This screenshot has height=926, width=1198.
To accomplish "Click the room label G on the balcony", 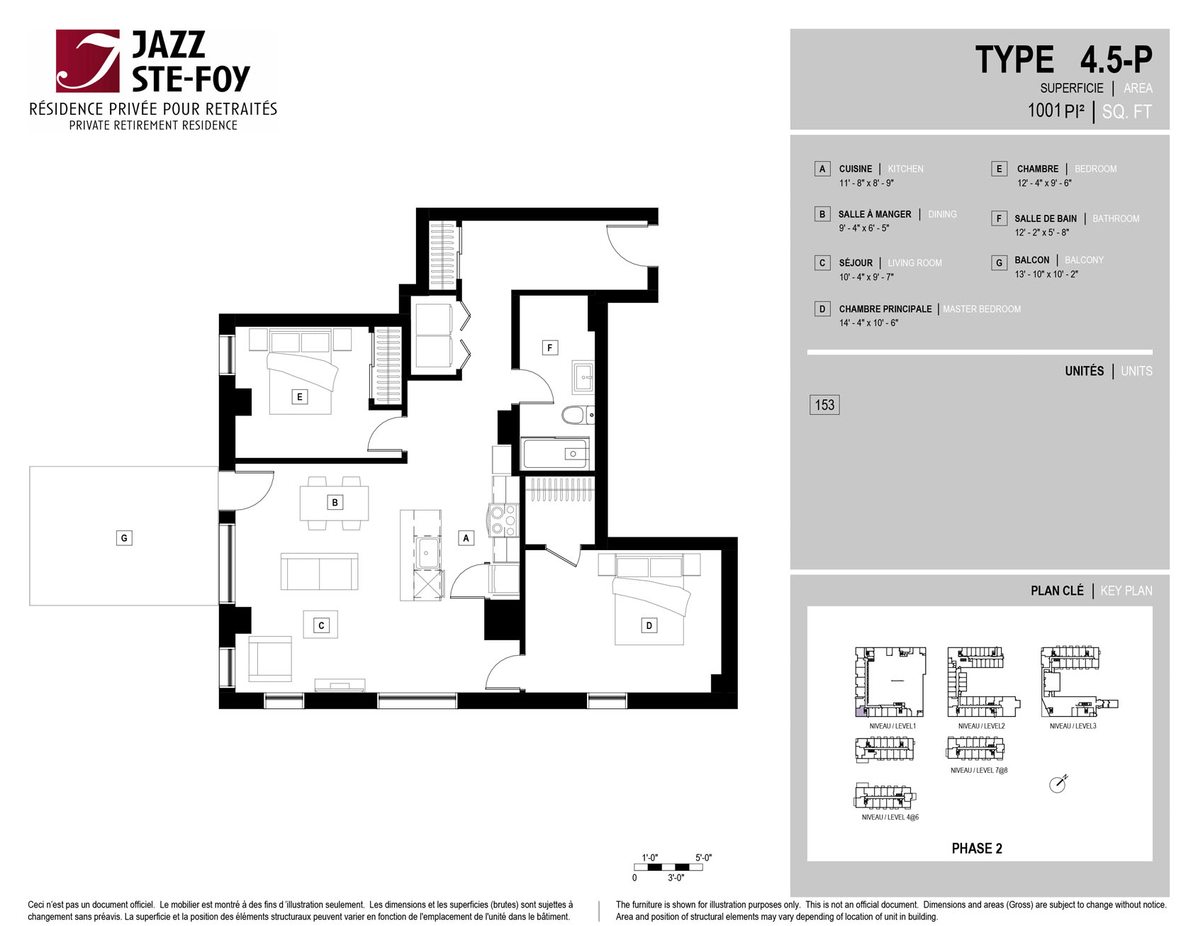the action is click(124, 538).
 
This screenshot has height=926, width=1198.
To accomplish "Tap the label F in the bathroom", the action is click(549, 347).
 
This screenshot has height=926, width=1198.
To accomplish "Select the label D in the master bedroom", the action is click(649, 625).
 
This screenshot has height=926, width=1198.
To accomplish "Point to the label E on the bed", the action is click(299, 396).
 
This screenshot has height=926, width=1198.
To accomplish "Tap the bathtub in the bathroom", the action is click(556, 453).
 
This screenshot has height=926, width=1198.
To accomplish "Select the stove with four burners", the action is click(503, 520).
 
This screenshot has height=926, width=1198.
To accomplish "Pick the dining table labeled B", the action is click(335, 503).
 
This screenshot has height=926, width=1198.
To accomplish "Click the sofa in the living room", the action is click(319, 571).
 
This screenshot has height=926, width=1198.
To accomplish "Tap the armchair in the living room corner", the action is click(270, 659).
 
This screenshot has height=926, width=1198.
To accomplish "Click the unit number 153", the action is click(824, 405).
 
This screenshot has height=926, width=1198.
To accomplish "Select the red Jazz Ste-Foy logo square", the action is click(88, 61).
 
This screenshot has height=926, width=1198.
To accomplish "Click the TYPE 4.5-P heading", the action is click(1064, 60).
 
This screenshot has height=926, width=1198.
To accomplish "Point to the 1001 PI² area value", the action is click(1056, 111).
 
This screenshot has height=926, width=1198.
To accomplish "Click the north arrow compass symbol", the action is click(1058, 783).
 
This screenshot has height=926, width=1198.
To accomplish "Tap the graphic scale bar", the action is click(668, 867).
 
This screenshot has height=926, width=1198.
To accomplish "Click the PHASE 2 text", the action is click(977, 849).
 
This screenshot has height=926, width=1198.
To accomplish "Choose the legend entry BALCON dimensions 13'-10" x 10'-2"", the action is click(1046, 274).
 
